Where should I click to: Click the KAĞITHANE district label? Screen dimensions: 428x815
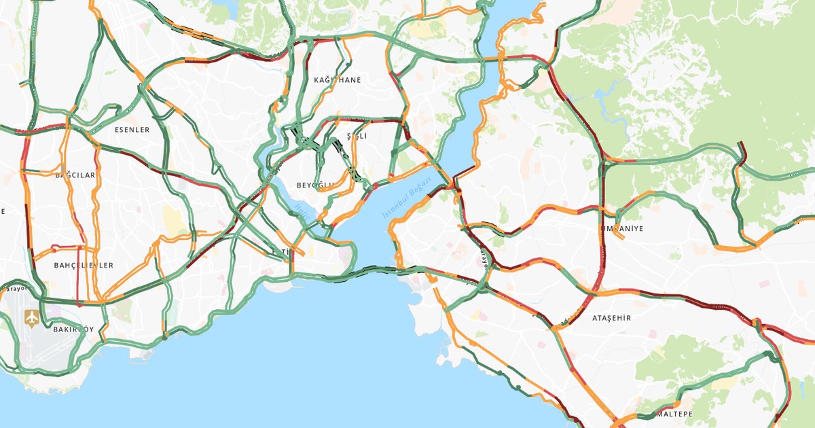(338, 80)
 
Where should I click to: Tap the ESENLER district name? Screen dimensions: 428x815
(132, 130)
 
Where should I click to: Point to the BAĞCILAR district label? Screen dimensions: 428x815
(75, 175)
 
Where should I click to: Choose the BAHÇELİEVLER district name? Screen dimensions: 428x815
(84, 265)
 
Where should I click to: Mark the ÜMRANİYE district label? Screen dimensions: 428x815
(621, 229)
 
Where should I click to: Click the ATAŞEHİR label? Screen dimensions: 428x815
(611, 318)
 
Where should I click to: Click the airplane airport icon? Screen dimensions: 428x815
(31, 317)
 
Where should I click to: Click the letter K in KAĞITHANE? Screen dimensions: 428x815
(316, 80)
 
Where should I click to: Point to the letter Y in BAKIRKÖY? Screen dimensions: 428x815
(102, 329)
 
